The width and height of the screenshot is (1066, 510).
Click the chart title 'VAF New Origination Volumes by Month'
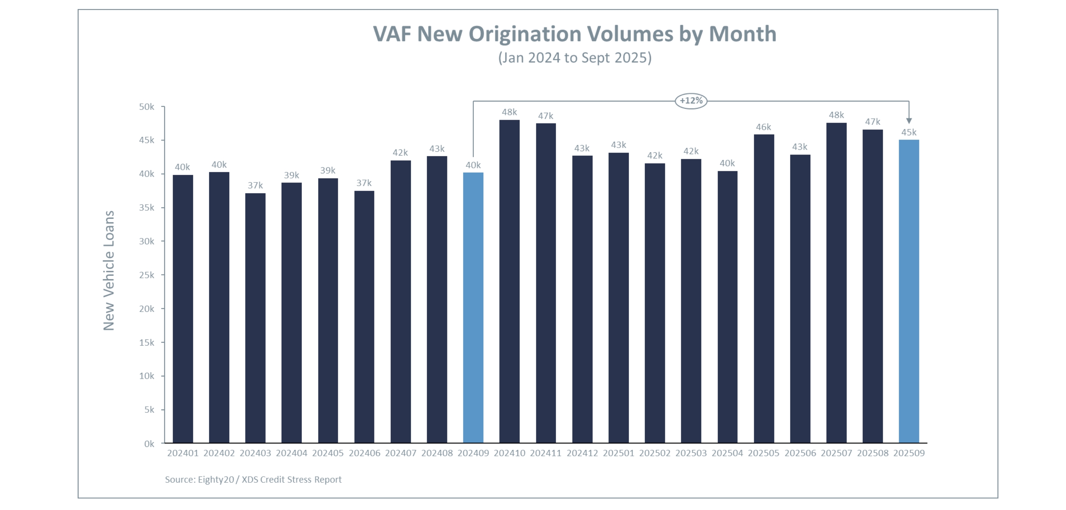pos(574,34)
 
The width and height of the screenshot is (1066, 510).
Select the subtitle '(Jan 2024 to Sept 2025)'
pos(574,58)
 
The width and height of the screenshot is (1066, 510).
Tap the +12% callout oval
pos(691,100)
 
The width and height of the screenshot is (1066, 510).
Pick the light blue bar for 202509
pos(909,291)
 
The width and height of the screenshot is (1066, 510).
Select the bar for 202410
pos(509,281)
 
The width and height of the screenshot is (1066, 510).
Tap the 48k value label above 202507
pos(836,115)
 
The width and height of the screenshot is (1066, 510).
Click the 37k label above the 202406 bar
pos(364,183)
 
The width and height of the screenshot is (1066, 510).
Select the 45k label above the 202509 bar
pos(909,132)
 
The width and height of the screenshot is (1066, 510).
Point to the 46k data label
pos(763,127)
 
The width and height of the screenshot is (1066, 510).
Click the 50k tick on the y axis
pos(147,107)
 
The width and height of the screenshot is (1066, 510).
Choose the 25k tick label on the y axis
pos(147,275)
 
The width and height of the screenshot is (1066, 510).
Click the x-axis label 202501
pos(618,453)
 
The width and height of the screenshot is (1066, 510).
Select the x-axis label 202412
pos(582,453)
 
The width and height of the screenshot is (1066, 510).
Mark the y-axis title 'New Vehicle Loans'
pos(108,271)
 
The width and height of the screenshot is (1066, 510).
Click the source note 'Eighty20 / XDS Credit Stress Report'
pos(253,480)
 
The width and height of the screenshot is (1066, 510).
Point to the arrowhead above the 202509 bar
pos(909,120)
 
